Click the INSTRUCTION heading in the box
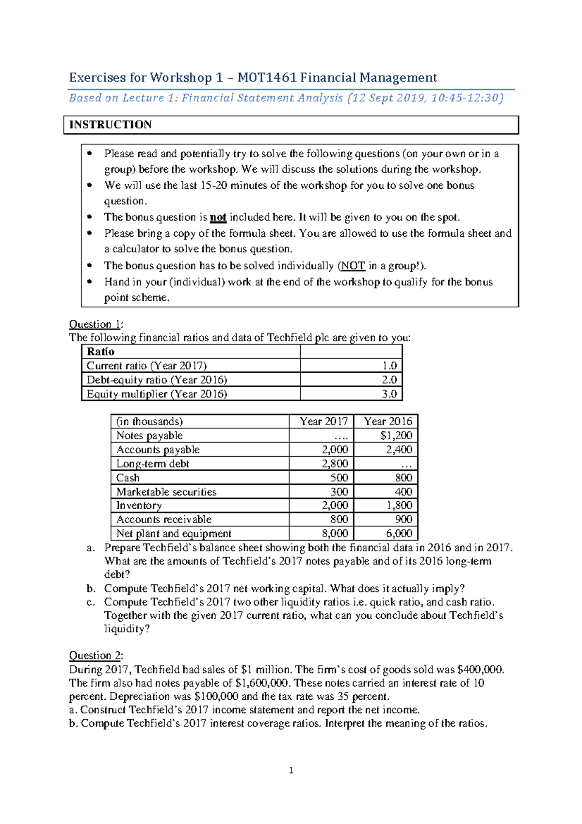tap(111, 125)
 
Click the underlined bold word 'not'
tap(218, 217)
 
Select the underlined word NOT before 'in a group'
tap(353, 266)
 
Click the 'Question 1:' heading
tap(96, 324)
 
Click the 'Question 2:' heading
tap(96, 656)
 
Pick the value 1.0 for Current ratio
tap(389, 366)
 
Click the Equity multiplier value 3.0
tap(389, 394)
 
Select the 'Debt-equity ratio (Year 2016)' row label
tap(157, 380)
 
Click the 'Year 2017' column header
tap(323, 421)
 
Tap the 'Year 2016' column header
tap(388, 421)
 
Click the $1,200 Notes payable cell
tap(396, 436)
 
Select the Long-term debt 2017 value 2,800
tap(335, 464)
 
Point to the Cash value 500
tap(339, 478)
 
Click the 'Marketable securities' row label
tap(166, 492)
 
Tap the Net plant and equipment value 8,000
tap(335, 534)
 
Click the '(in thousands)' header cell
tap(149, 421)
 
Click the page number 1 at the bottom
tap(291, 771)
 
